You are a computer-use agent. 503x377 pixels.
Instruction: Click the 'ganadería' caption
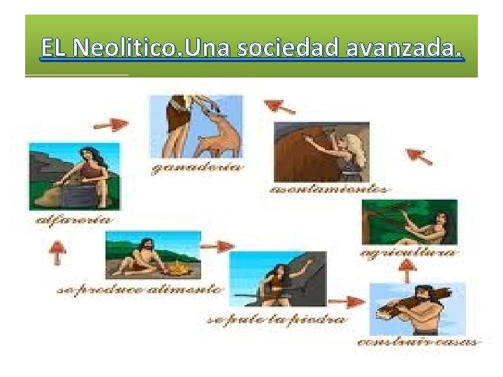coord(198,168)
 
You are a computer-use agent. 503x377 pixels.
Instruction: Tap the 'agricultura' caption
coord(409,252)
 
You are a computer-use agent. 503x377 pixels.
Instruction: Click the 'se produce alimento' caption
coord(140,288)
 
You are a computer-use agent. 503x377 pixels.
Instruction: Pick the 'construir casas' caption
coord(418,342)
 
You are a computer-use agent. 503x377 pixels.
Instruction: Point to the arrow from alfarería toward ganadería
coord(111,124)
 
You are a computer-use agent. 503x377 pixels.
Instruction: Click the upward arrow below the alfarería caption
coord(58,252)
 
